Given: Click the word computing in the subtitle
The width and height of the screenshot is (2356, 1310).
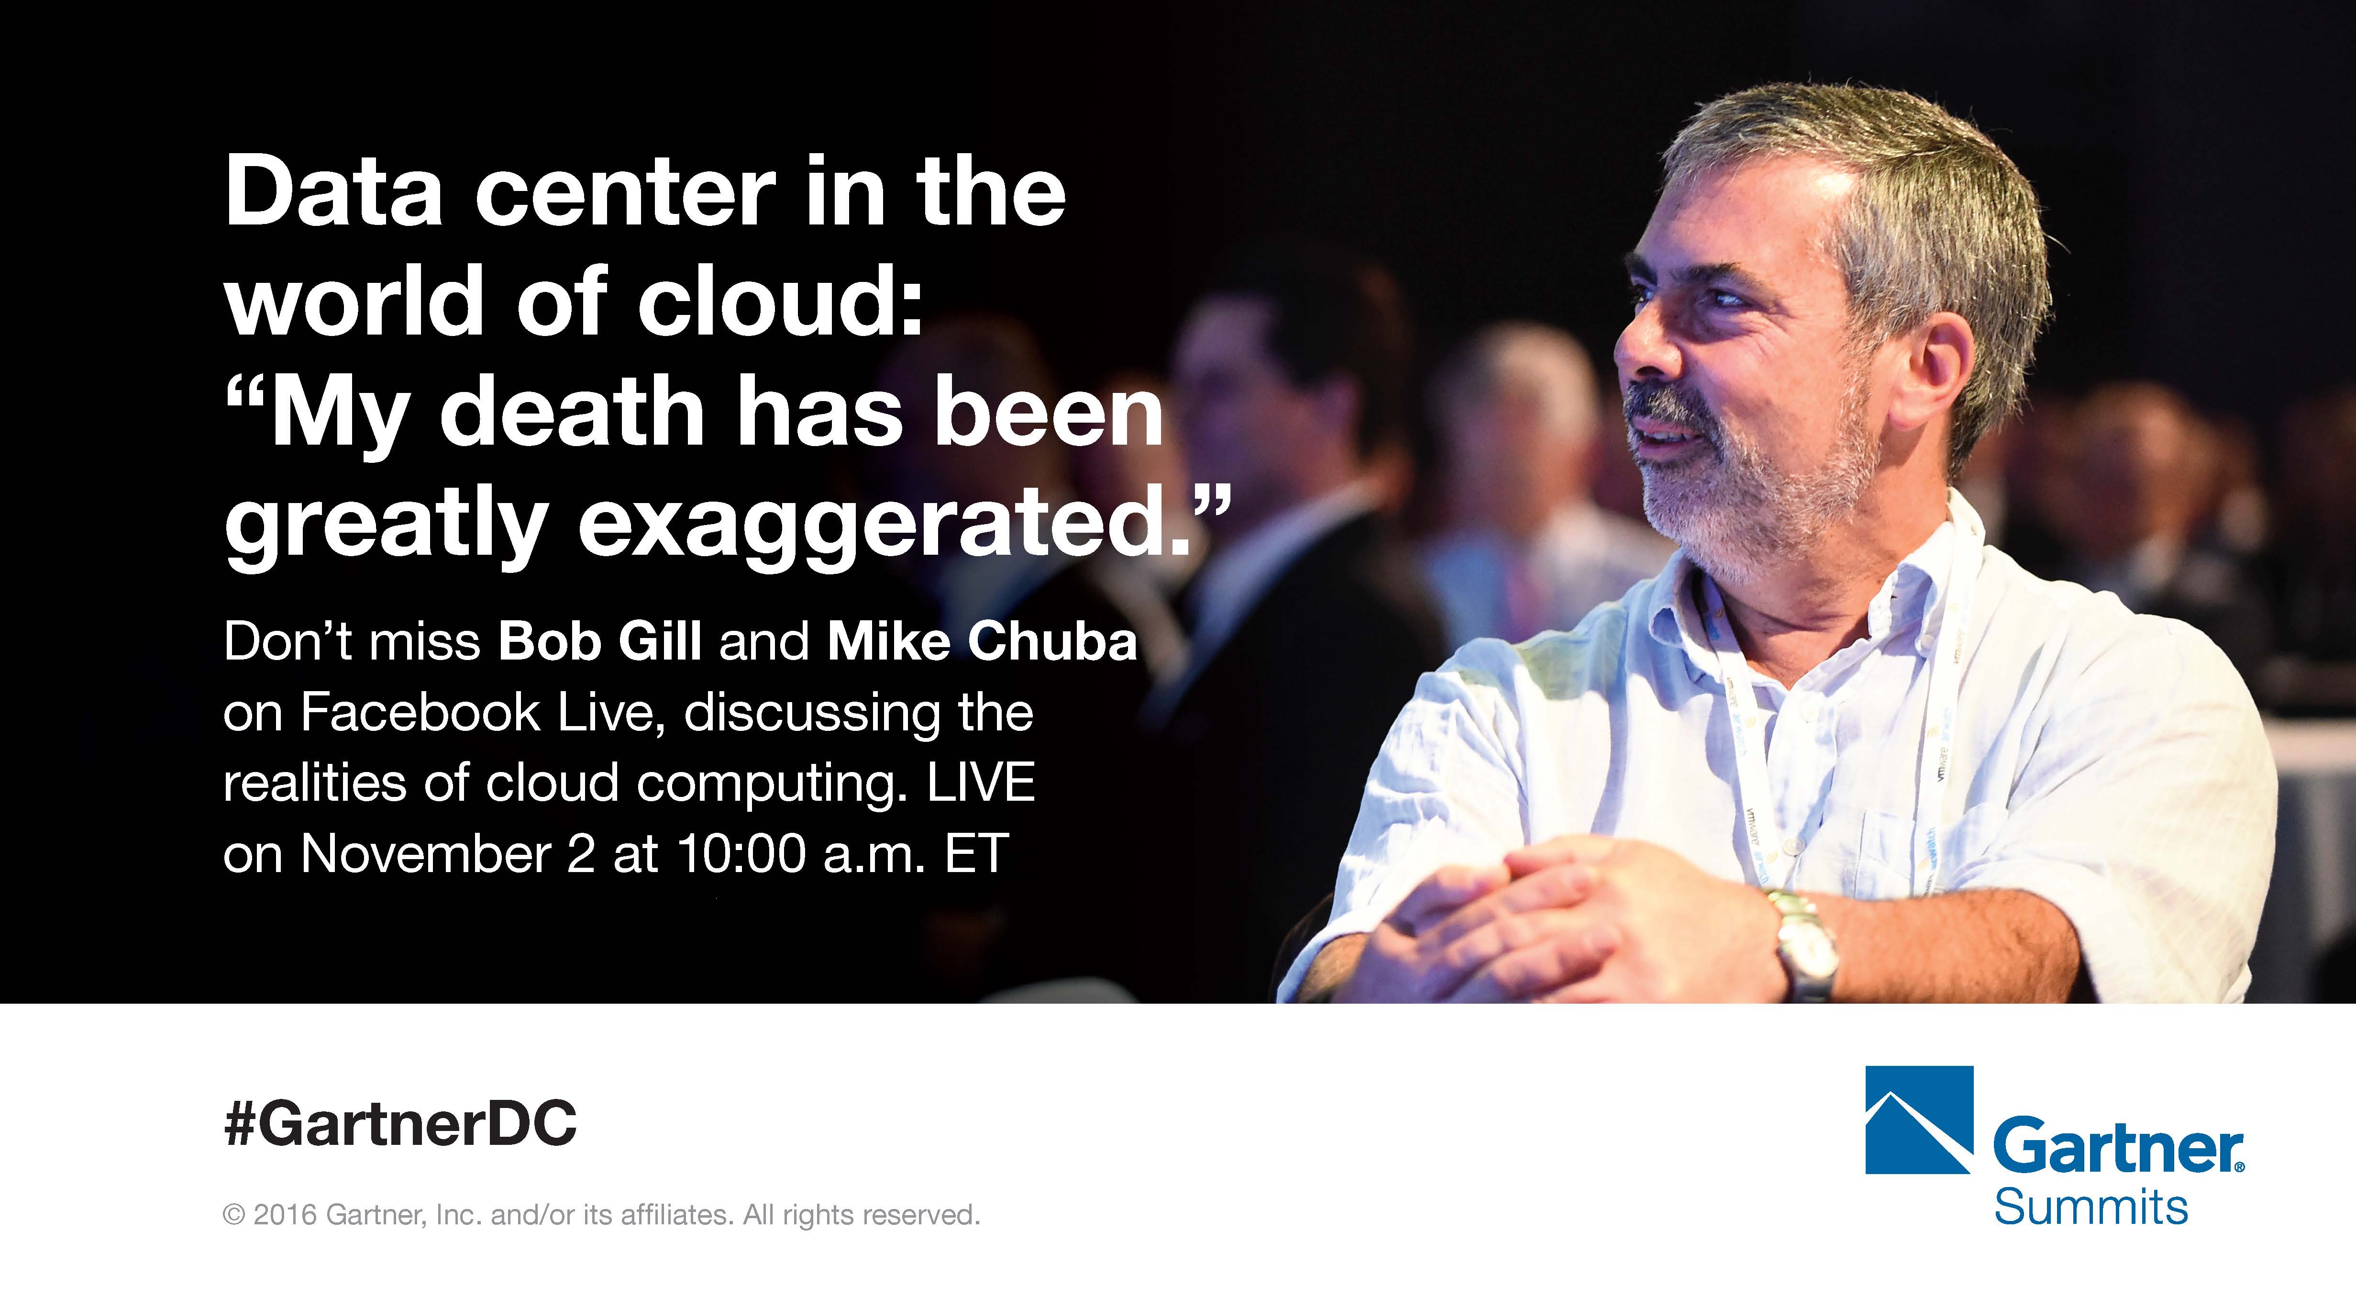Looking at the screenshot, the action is (x=768, y=784).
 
